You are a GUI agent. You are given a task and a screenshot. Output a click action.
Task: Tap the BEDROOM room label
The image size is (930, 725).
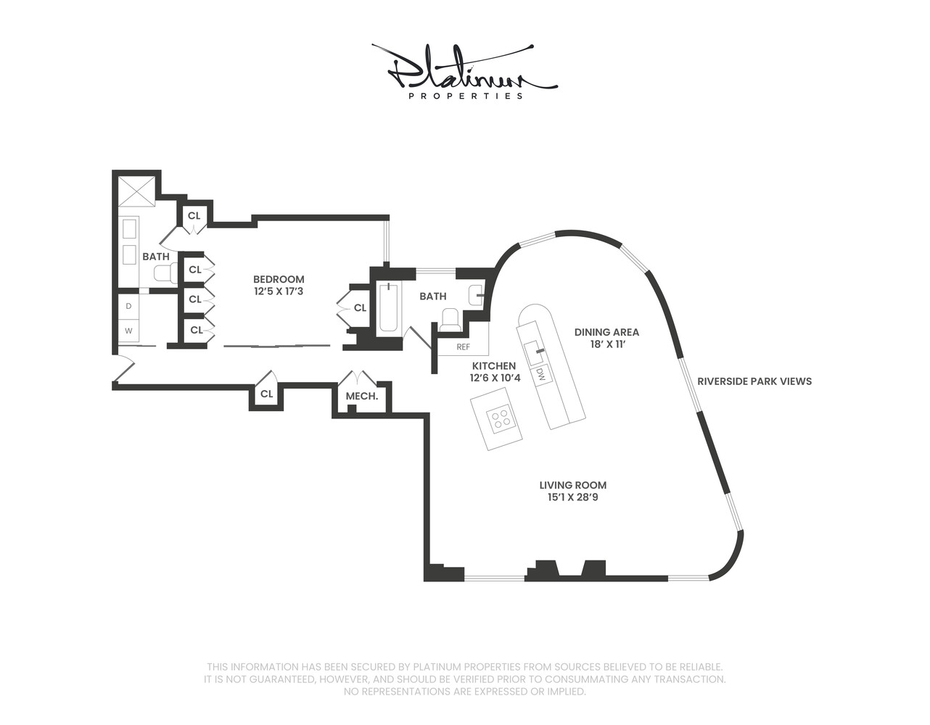click(x=279, y=279)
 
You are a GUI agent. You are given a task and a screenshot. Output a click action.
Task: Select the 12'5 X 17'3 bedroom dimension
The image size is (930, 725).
click(x=279, y=291)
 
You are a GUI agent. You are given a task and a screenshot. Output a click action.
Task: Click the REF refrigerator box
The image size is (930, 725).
click(x=463, y=347)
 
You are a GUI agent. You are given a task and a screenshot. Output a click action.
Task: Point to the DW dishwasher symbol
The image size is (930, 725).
click(x=541, y=375)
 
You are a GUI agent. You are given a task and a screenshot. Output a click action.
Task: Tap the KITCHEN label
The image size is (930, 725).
click(x=494, y=366)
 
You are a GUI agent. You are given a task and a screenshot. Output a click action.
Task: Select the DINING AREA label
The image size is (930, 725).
click(x=606, y=332)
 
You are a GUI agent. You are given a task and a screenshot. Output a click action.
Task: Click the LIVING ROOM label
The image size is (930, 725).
click(x=572, y=485)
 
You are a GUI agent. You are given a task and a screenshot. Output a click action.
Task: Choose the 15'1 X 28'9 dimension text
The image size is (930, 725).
click(x=572, y=497)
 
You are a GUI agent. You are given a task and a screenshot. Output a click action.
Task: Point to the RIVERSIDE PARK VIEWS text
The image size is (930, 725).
click(x=754, y=381)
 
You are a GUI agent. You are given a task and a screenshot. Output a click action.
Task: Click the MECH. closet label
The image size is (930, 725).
click(x=361, y=396)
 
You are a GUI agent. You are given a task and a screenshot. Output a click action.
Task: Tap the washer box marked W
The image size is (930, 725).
click(x=129, y=331)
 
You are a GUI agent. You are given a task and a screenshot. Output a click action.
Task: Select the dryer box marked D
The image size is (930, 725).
click(x=129, y=306)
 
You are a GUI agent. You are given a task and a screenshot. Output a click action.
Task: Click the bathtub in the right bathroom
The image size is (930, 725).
click(x=388, y=307)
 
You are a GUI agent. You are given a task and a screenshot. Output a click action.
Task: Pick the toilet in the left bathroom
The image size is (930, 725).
click(x=165, y=273)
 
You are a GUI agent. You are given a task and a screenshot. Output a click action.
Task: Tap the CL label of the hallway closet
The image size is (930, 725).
click(x=266, y=394)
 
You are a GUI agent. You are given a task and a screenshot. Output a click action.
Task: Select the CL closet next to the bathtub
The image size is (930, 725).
click(x=360, y=308)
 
